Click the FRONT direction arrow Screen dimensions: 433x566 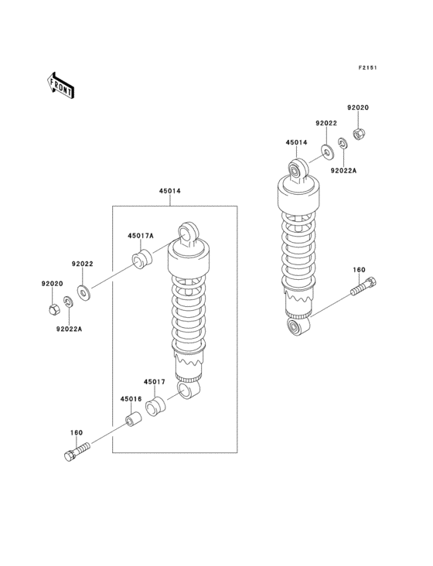click(60, 85)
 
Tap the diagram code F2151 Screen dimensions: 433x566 click(368, 67)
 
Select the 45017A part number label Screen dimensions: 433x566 click(141, 236)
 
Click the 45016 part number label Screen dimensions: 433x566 click(131, 399)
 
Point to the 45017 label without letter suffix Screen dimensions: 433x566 click(155, 381)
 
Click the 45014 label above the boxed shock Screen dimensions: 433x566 click(170, 191)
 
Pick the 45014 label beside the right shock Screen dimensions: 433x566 click(297, 142)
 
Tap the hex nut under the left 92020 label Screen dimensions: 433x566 click(53, 309)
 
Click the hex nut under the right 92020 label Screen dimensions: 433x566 click(358, 135)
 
